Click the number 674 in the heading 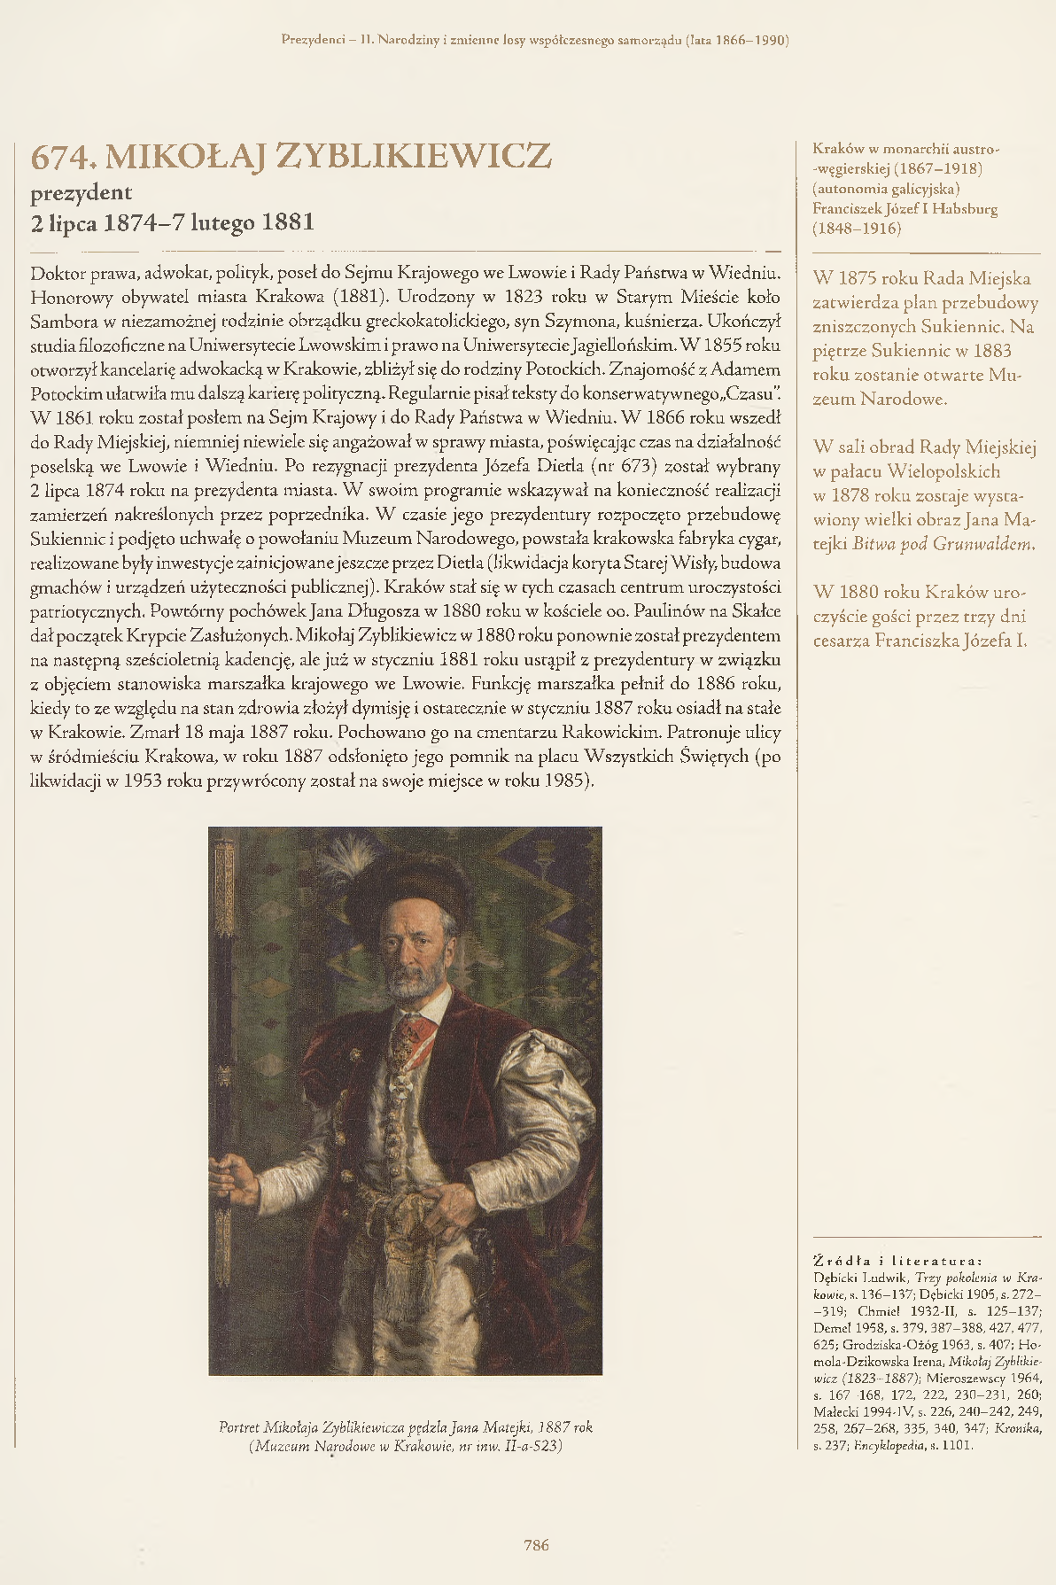pyautogui.click(x=61, y=157)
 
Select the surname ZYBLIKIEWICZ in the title pyautogui.click(x=414, y=157)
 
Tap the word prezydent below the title pyautogui.click(x=82, y=193)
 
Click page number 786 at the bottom pyautogui.click(x=536, y=1545)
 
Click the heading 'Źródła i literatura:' pyautogui.click(x=897, y=1261)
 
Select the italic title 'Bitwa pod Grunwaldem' pyautogui.click(x=943, y=544)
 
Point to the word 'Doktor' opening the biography pyautogui.click(x=58, y=273)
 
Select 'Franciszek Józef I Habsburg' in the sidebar pyautogui.click(x=905, y=209)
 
